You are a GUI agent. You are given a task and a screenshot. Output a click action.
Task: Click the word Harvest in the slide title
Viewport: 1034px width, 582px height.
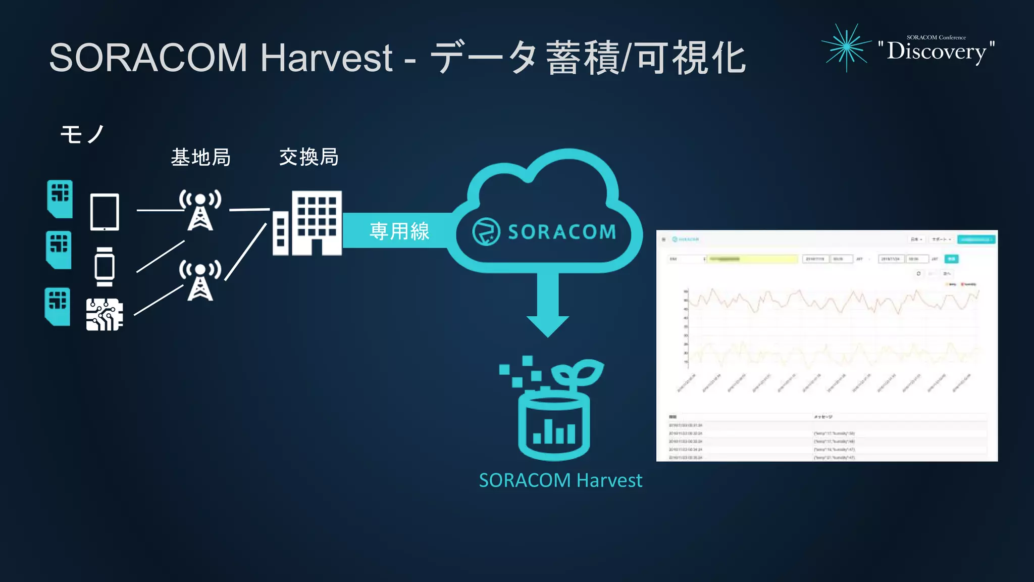pyautogui.click(x=326, y=58)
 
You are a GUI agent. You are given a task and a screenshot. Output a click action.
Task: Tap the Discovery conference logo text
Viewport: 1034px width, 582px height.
pyautogui.click(x=936, y=51)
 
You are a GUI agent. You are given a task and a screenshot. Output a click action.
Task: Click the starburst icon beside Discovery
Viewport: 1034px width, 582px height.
pyautogui.click(x=847, y=47)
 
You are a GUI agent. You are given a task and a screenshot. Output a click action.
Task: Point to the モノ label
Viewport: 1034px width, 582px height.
pyautogui.click(x=82, y=134)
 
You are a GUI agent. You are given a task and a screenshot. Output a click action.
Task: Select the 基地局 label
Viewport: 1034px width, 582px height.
pyautogui.click(x=200, y=157)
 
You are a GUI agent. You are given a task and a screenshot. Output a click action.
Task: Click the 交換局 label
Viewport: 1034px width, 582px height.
pyautogui.click(x=308, y=157)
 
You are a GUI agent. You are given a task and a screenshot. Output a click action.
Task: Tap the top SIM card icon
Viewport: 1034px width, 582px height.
pyautogui.click(x=60, y=199)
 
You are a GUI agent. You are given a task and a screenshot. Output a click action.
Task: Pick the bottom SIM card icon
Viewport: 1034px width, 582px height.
pyautogui.click(x=58, y=306)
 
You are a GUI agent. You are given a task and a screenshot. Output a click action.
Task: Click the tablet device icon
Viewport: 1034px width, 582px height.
pyautogui.click(x=105, y=212)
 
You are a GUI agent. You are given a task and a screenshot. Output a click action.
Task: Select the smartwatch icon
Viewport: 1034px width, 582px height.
pyautogui.click(x=105, y=267)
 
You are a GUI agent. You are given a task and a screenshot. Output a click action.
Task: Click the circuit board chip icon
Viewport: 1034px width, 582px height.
pyautogui.click(x=105, y=314)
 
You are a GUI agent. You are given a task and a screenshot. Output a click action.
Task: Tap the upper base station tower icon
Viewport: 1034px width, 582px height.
pyautogui.click(x=200, y=210)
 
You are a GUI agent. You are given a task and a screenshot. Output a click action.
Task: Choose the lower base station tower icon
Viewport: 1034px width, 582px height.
pyautogui.click(x=200, y=280)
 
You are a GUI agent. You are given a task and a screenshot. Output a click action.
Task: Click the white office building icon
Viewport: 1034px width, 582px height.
pyautogui.click(x=308, y=223)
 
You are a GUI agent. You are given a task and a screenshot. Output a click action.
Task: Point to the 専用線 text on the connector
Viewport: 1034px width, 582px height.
pyautogui.click(x=399, y=231)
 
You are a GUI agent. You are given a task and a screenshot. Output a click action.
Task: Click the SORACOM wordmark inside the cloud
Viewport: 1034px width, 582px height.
pyautogui.click(x=561, y=232)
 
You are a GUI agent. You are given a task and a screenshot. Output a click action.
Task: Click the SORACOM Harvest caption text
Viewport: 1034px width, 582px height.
pyautogui.click(x=560, y=480)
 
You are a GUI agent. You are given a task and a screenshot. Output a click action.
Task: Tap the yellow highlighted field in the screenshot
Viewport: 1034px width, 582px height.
pyautogui.click(x=752, y=259)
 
